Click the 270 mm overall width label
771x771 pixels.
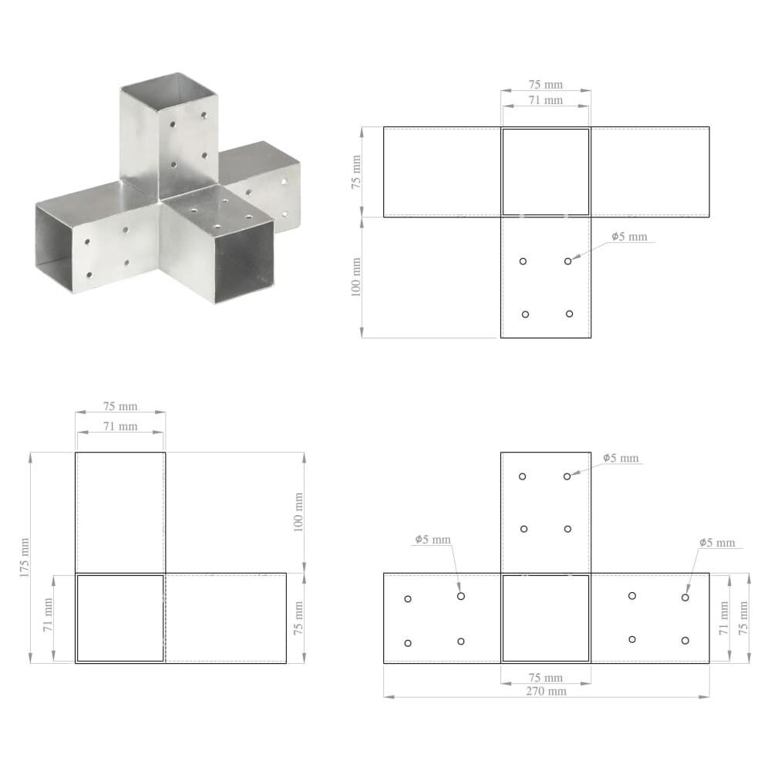click(x=546, y=691)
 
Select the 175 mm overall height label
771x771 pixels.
click(x=25, y=557)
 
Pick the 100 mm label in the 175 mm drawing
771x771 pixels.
click(x=299, y=511)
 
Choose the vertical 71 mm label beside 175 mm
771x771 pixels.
click(x=48, y=615)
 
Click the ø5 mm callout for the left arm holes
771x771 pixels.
click(x=433, y=540)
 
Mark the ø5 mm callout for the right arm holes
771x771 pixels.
click(x=717, y=543)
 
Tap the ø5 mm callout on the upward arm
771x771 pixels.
click(x=621, y=458)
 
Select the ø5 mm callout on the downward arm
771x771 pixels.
click(x=630, y=237)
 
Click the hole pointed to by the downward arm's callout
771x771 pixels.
click(x=567, y=261)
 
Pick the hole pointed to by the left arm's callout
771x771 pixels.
click(x=461, y=596)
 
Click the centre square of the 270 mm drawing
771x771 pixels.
click(x=546, y=618)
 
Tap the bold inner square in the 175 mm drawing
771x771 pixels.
click(x=120, y=618)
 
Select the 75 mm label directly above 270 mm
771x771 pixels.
click(x=546, y=678)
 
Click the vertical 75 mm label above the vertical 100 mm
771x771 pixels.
click(x=356, y=173)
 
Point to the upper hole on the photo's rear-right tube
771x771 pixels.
click(x=284, y=181)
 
